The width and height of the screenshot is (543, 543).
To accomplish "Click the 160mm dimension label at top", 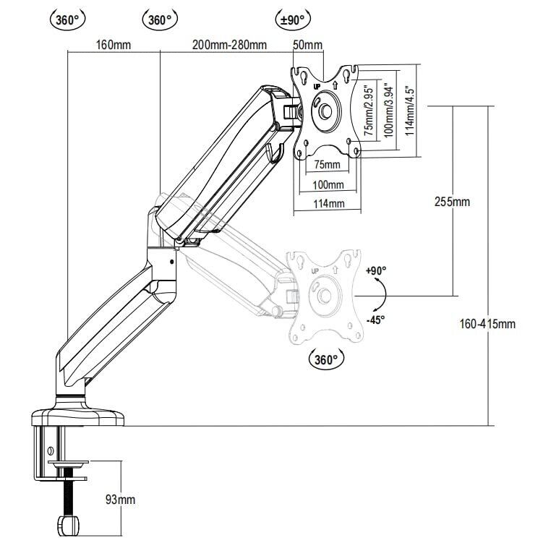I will tap(113, 45).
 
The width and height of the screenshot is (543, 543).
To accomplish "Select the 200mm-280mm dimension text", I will tap(229, 45).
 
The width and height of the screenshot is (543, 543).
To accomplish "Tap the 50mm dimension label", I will tap(307, 45).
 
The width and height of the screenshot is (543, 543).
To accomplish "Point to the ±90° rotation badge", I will tap(293, 20).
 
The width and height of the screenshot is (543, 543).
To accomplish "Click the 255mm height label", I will tap(453, 202).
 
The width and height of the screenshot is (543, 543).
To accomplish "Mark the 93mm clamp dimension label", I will tap(120, 500).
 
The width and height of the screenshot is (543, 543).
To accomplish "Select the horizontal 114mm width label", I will tap(328, 204).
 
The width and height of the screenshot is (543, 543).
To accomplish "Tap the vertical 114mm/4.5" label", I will tap(409, 111).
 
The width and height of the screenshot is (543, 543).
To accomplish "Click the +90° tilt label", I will tap(376, 270).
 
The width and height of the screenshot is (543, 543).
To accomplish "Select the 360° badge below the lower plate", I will tap(327, 359).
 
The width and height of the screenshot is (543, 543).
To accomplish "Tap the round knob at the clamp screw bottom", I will tap(68, 523).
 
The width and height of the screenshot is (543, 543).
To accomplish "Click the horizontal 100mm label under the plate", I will tap(328, 185).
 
